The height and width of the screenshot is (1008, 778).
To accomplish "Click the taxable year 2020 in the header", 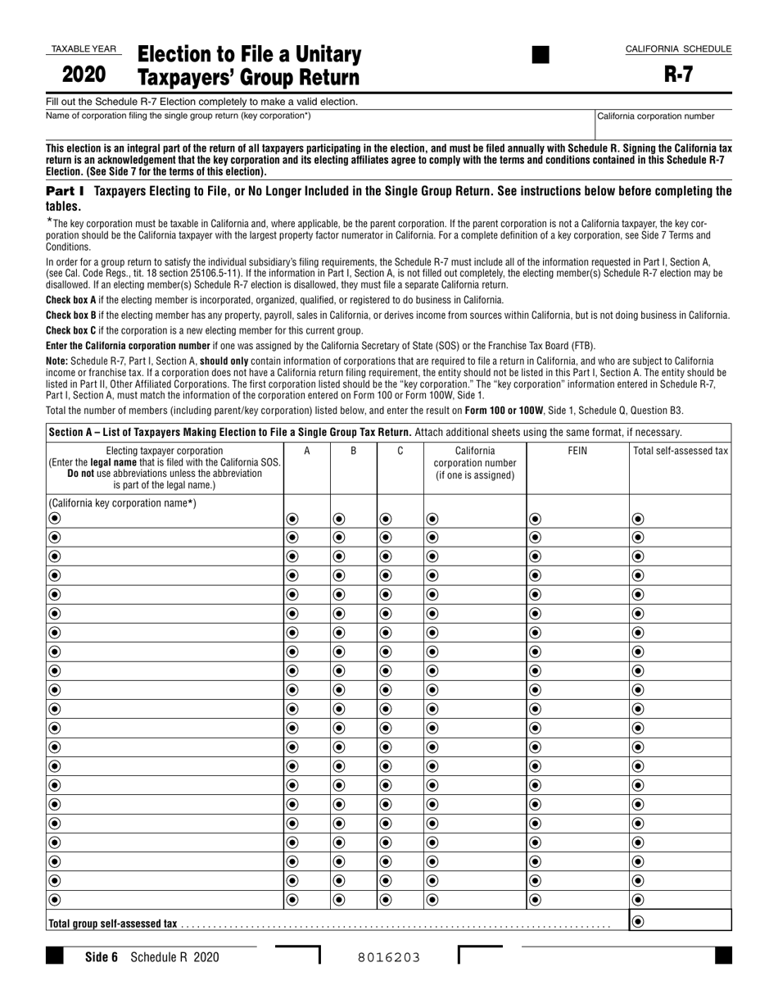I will [x=84, y=75].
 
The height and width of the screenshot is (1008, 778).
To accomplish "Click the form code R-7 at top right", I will [x=678, y=75].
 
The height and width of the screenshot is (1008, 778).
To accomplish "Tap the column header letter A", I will [x=307, y=451].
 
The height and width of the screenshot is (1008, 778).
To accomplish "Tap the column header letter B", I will [x=354, y=451].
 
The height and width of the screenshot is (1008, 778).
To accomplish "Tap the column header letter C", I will [x=400, y=451].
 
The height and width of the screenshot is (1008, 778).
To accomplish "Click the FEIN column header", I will [x=577, y=451].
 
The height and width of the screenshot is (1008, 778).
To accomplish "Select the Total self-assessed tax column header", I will [x=680, y=451].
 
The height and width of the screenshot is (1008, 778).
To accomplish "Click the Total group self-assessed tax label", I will [x=112, y=924].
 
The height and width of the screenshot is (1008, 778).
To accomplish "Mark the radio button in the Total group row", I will [x=638, y=922].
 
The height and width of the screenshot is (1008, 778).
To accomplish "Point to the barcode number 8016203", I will [x=388, y=956].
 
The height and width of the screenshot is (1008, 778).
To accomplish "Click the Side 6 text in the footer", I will [x=102, y=956].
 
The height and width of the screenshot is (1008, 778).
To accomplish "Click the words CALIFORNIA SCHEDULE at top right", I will [x=678, y=49].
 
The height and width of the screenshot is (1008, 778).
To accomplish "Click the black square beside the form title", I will [x=541, y=55].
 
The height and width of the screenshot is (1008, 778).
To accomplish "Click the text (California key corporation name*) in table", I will [x=122, y=503].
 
